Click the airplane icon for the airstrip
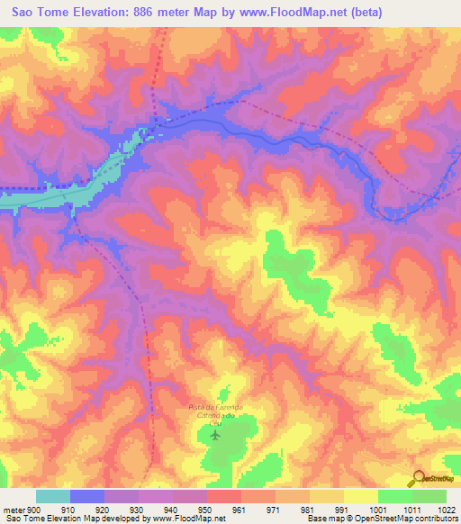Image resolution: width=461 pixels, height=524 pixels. click(x=214, y=436)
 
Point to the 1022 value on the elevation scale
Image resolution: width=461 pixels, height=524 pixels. click(x=447, y=509)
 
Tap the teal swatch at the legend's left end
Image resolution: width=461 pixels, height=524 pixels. click(x=53, y=496)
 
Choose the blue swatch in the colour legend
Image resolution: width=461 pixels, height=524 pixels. click(x=87, y=496)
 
